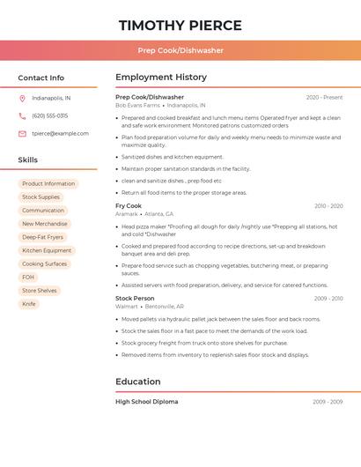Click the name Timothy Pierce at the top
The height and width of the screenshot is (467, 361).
point(180,25)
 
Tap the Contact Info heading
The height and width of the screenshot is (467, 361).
point(41,78)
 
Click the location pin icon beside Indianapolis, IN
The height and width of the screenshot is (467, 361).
point(22,98)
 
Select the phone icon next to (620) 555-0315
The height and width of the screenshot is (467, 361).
point(22,115)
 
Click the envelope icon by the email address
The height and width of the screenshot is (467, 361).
point(22,134)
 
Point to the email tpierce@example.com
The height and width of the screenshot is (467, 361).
point(60,134)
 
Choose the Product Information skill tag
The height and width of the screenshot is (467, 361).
point(48,184)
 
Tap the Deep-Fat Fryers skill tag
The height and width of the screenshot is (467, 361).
point(42,237)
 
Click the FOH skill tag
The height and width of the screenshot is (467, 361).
point(28,277)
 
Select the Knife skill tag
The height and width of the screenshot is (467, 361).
point(29,304)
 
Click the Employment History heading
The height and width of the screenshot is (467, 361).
point(161,78)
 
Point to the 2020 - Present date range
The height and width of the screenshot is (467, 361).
point(324,97)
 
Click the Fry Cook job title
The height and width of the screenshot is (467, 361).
point(129,206)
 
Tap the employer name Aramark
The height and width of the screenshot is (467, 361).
point(127,214)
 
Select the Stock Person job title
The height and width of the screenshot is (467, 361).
point(135,299)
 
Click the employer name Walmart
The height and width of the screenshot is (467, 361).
point(127,307)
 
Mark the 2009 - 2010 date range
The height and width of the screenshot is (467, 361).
point(328,299)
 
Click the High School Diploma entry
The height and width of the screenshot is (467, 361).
point(146,402)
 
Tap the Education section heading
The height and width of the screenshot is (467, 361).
point(138,382)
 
